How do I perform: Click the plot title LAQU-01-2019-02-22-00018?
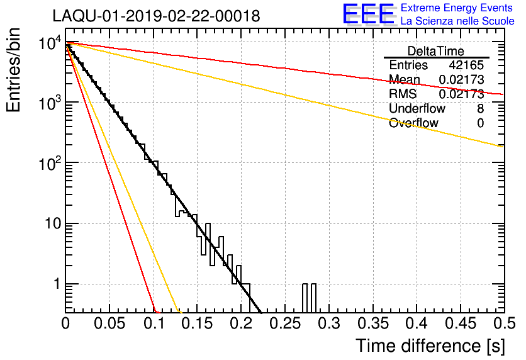(x=156, y=16)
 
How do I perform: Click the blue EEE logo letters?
(x=368, y=14)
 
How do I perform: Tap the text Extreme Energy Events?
(x=457, y=8)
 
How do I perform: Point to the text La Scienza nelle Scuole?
(x=457, y=21)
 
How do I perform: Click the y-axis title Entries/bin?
(x=13, y=70)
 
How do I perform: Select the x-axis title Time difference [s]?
(x=430, y=346)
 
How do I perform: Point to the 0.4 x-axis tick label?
(x=417, y=323)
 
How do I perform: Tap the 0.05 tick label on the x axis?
(x=109, y=323)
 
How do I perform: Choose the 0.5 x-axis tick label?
(x=505, y=323)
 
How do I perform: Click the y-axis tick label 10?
(x=53, y=223)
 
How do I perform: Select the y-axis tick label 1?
(x=57, y=284)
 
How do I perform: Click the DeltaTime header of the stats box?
(x=436, y=51)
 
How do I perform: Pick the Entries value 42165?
(x=466, y=65)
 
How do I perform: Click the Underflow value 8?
(x=480, y=108)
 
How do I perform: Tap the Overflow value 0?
(x=480, y=123)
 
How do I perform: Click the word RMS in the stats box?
(x=403, y=94)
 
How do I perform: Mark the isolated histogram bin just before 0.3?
(x=314, y=298)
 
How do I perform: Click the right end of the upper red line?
(x=503, y=94)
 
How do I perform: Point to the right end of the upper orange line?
(x=503, y=147)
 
